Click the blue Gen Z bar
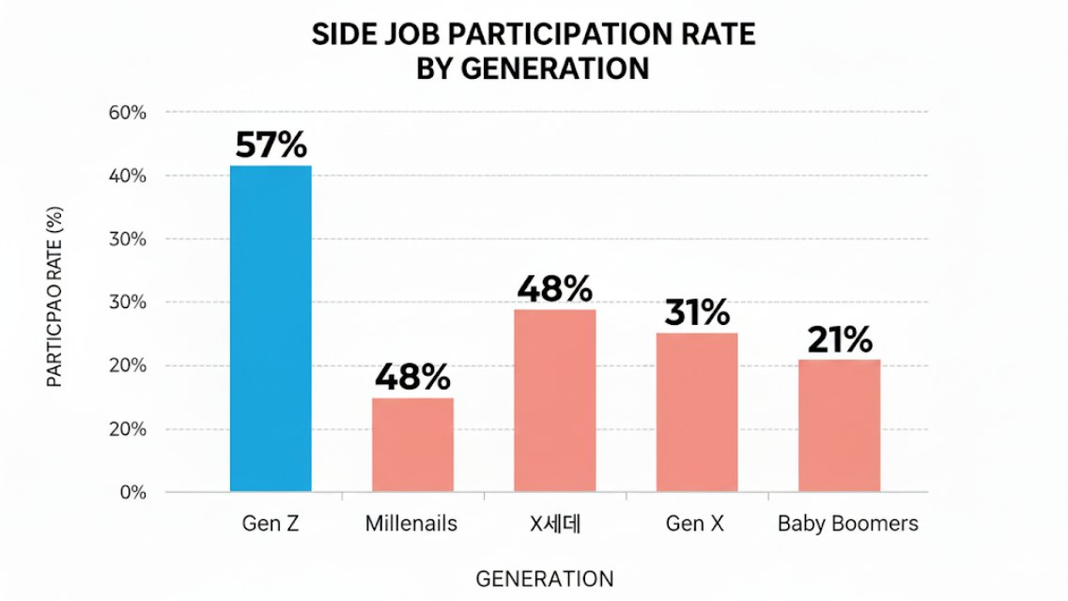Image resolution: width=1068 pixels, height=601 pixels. click(x=271, y=329)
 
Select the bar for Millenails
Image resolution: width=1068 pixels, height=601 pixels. click(x=412, y=444)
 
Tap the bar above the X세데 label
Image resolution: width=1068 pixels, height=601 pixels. click(x=554, y=400)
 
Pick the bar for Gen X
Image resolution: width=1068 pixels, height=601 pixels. click(x=696, y=412)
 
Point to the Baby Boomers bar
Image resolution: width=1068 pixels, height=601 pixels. click(x=839, y=424)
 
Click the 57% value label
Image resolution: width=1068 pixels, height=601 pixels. click(x=271, y=146)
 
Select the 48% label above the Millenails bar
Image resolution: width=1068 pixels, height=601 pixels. click(x=412, y=378)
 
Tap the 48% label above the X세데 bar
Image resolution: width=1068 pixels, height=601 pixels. click(x=554, y=289)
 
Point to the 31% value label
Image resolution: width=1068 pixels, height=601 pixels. click(x=696, y=313)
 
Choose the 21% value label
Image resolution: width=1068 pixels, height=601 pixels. click(x=839, y=340)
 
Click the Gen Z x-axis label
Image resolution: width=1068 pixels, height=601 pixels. click(x=271, y=524)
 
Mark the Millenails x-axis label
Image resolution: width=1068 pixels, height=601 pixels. click(x=411, y=524)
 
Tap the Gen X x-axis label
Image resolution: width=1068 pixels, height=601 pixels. click(x=695, y=524)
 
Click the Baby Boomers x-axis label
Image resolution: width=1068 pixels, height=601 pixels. click(x=848, y=524)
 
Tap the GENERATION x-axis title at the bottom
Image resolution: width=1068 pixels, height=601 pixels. click(x=545, y=578)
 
